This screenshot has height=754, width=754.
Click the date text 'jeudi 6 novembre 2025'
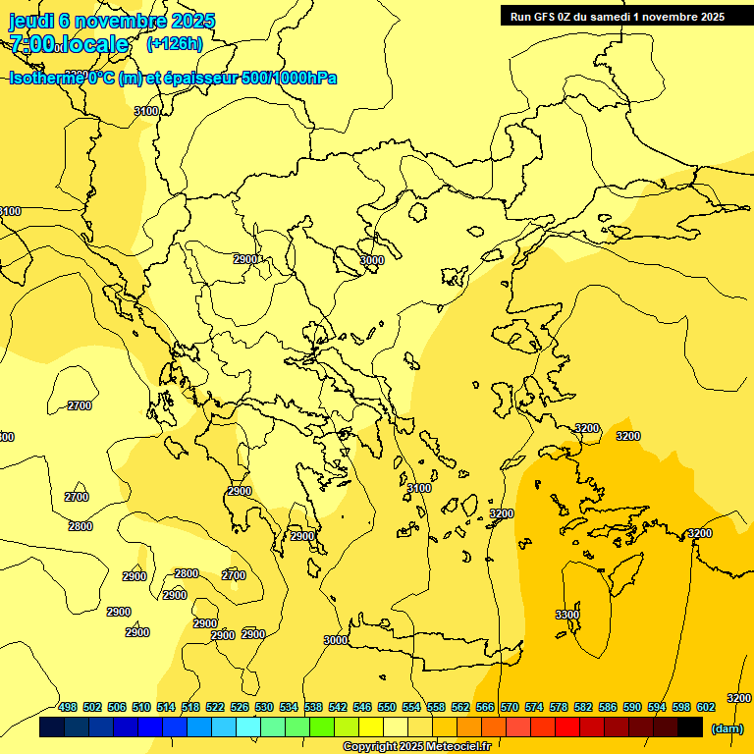click(x=112, y=21)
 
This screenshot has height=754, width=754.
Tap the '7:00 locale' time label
click(x=69, y=44)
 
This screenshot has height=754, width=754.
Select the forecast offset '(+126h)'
click(x=174, y=43)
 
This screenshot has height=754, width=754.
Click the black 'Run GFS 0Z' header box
click(x=617, y=16)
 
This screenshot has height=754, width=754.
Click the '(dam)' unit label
click(x=727, y=728)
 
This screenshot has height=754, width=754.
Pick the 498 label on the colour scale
click(x=68, y=708)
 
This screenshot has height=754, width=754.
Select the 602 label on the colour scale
click(x=706, y=708)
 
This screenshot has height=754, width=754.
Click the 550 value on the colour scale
click(x=387, y=708)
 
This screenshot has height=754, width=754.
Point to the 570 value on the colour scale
click(x=510, y=708)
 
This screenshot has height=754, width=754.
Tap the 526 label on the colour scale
click(x=240, y=708)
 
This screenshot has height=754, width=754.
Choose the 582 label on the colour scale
click(x=583, y=708)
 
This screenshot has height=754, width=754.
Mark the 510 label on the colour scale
click(x=141, y=708)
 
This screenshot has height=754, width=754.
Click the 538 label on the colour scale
click(x=313, y=708)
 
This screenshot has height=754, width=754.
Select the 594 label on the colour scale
click(x=657, y=708)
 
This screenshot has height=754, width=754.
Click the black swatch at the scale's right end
click(x=690, y=727)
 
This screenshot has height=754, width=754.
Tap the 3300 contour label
click(x=566, y=615)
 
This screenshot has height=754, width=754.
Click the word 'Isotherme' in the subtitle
click(x=44, y=78)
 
